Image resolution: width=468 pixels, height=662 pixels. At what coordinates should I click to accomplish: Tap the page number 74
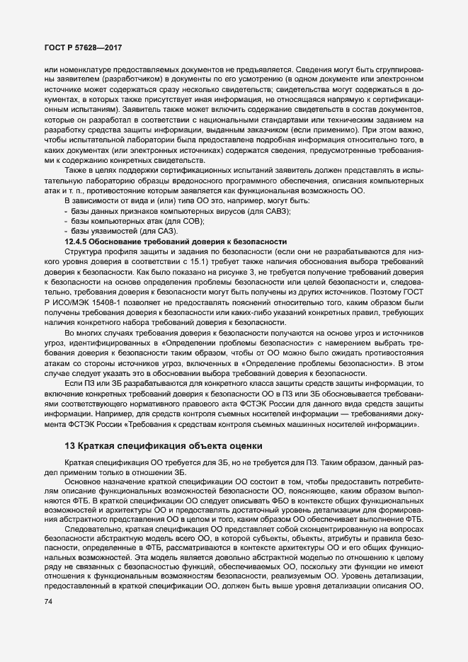(48, 602)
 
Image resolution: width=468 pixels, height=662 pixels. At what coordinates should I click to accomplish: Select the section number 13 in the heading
(69, 445)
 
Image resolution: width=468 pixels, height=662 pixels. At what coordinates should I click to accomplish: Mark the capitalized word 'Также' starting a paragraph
(75, 172)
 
